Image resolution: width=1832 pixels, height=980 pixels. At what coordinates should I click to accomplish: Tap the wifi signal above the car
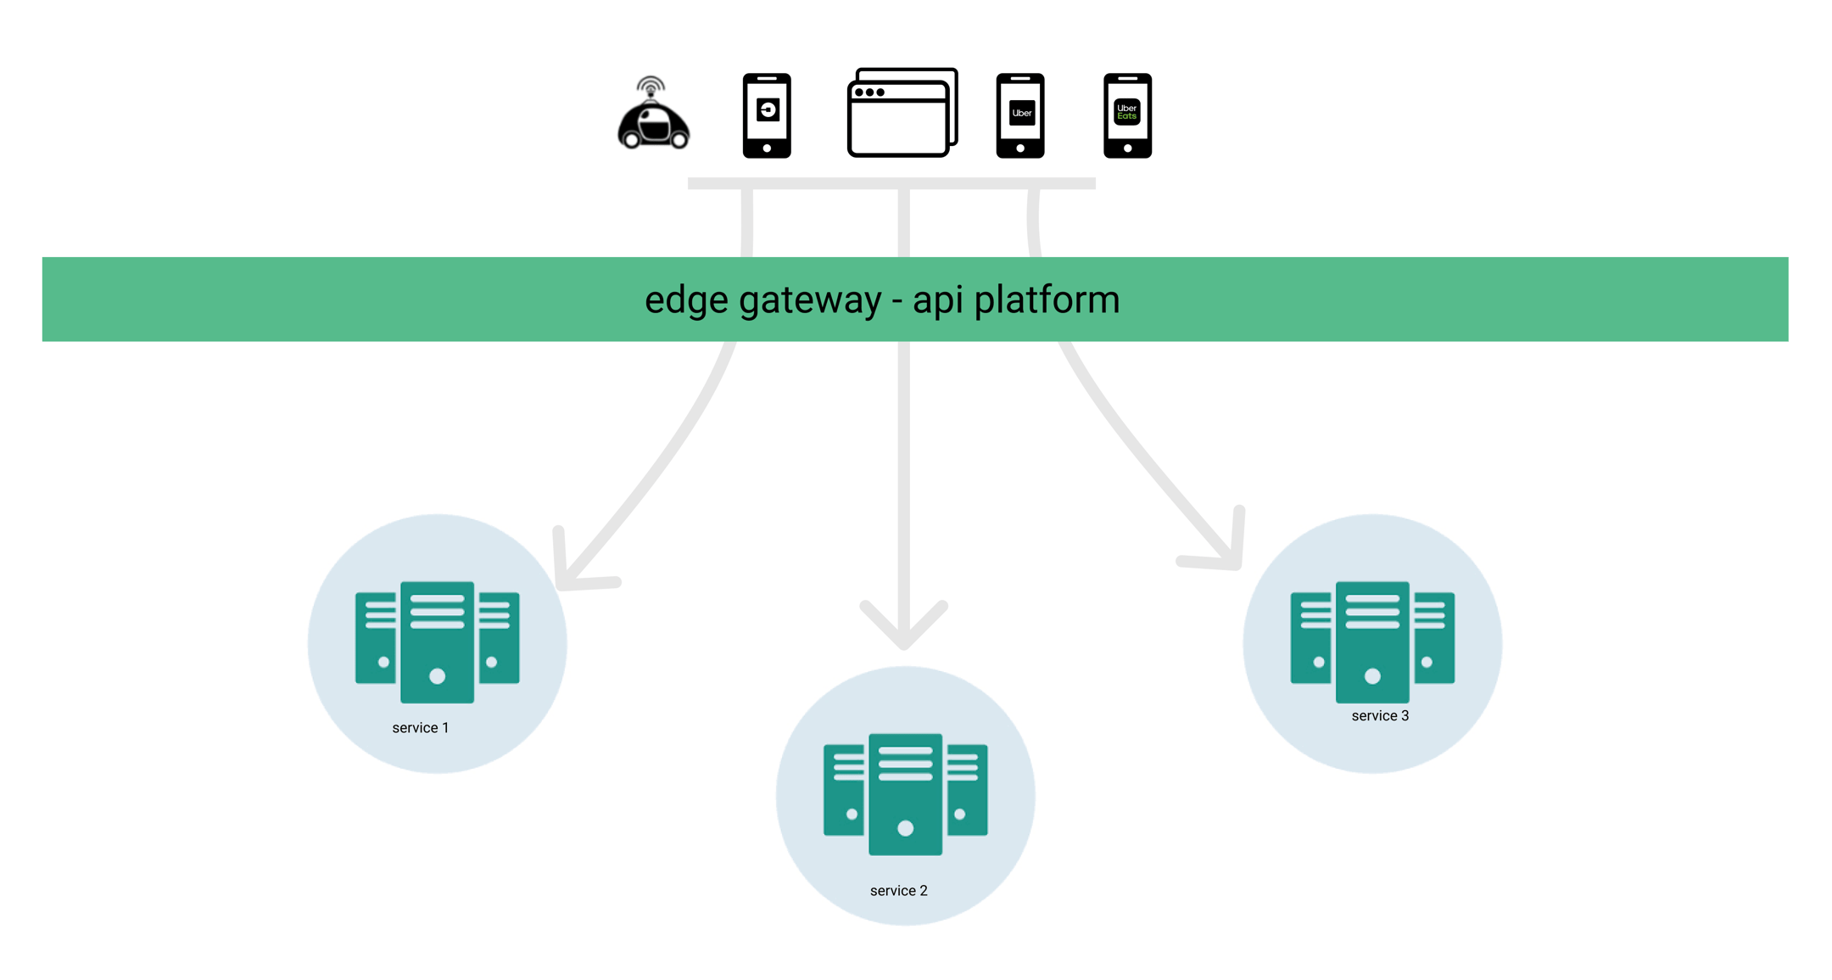click(x=651, y=86)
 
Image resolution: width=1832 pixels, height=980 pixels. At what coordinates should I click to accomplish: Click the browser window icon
click(x=902, y=114)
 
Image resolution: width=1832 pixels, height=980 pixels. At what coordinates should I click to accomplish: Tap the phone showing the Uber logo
click(x=1019, y=115)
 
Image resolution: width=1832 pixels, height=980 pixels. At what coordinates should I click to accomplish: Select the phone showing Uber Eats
click(x=1127, y=115)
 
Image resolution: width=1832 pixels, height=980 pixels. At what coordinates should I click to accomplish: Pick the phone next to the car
click(x=767, y=115)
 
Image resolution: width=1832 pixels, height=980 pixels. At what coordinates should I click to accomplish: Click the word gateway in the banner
click(x=810, y=300)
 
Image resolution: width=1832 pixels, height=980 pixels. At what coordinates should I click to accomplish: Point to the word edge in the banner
click(x=685, y=300)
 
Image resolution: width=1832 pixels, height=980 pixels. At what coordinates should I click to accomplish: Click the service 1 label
click(x=420, y=728)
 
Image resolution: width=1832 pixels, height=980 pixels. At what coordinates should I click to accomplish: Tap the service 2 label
click(x=898, y=891)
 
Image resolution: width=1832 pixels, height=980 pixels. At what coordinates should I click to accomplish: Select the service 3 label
click(x=1379, y=716)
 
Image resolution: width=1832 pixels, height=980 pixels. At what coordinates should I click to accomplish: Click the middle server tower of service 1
click(x=437, y=642)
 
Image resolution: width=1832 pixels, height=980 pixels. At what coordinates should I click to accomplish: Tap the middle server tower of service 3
click(x=1372, y=642)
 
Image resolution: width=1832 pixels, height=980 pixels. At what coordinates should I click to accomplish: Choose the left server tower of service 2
click(x=844, y=790)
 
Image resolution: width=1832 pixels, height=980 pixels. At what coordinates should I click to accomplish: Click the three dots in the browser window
click(x=869, y=92)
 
